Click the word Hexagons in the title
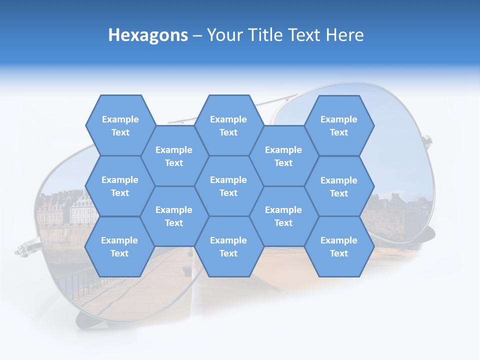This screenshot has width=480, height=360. click(148, 35)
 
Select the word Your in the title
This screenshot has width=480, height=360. click(224, 35)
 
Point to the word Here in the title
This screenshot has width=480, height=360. click(344, 35)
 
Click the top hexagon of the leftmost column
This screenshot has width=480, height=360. click(120, 125)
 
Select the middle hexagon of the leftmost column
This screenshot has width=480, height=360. click(120, 186)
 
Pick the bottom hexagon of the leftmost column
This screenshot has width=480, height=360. click(119, 246)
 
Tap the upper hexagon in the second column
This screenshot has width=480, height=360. click(174, 156)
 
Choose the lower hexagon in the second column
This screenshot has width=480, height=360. click(174, 216)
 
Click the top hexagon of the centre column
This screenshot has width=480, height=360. click(228, 125)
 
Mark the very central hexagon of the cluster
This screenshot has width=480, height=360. click(228, 186)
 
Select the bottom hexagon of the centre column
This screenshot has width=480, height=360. click(228, 246)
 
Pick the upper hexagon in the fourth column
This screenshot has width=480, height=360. click(283, 156)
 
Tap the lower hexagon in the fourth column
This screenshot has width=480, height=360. click(283, 216)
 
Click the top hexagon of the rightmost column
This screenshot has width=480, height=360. click(339, 125)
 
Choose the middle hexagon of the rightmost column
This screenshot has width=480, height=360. click(339, 186)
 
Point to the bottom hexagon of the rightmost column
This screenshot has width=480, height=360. click(339, 246)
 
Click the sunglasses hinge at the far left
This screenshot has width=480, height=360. click(22, 247)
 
